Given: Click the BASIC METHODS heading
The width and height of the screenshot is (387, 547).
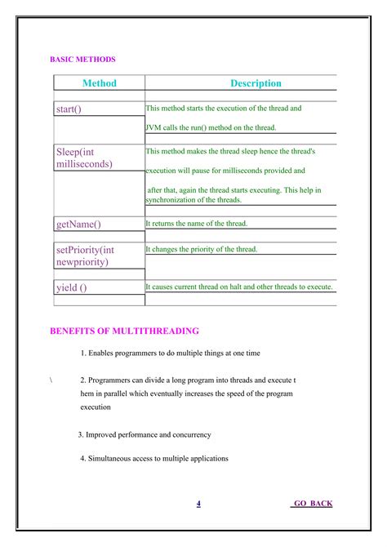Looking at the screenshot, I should (x=82, y=60).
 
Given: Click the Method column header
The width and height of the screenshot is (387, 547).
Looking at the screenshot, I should (x=100, y=83).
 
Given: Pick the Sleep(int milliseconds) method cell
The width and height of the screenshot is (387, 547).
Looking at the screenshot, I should (x=84, y=158).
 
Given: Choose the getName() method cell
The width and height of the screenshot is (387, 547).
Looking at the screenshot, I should (x=78, y=224).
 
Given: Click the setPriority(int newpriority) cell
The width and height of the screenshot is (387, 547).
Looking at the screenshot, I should (x=85, y=256).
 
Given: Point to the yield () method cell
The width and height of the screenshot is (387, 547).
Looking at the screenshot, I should (x=71, y=287).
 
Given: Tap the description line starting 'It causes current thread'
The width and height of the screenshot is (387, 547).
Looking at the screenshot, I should (x=239, y=287).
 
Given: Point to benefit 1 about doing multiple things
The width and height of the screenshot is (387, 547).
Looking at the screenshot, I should (x=170, y=353).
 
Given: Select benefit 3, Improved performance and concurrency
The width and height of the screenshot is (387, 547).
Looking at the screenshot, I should (x=145, y=435).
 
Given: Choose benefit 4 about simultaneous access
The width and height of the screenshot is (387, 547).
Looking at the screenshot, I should (x=154, y=458).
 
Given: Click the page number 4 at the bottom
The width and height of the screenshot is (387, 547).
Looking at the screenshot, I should (x=198, y=504).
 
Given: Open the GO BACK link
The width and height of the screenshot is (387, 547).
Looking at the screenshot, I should (x=312, y=504).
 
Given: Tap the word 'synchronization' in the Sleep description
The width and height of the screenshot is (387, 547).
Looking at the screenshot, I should (x=172, y=199).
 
